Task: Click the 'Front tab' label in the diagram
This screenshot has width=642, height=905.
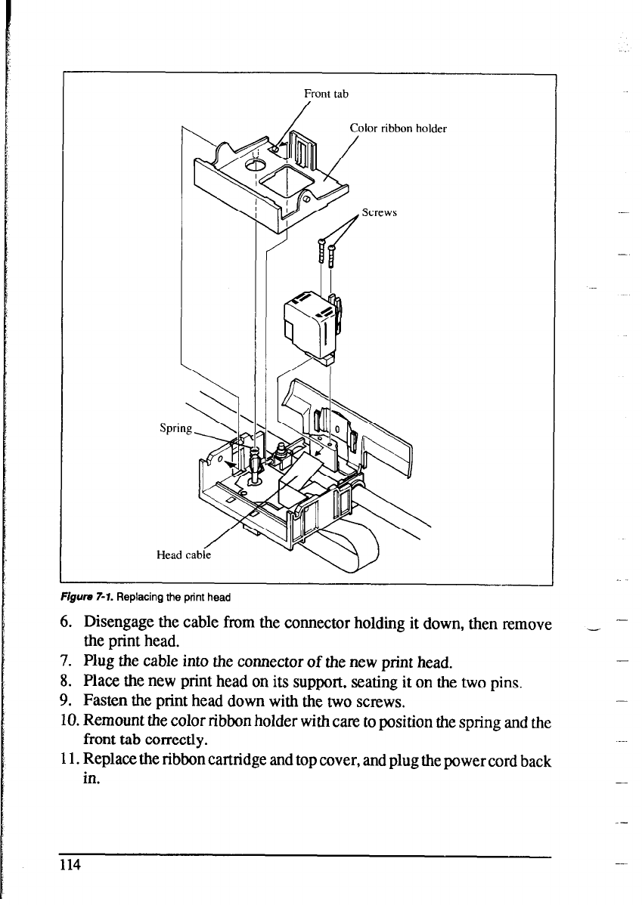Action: (x=325, y=94)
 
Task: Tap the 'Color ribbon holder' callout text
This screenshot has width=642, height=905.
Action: (x=398, y=128)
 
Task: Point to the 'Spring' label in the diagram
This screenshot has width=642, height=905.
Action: (x=176, y=428)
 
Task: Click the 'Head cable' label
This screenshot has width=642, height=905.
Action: (x=184, y=554)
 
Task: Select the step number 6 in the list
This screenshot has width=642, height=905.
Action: (x=65, y=624)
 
